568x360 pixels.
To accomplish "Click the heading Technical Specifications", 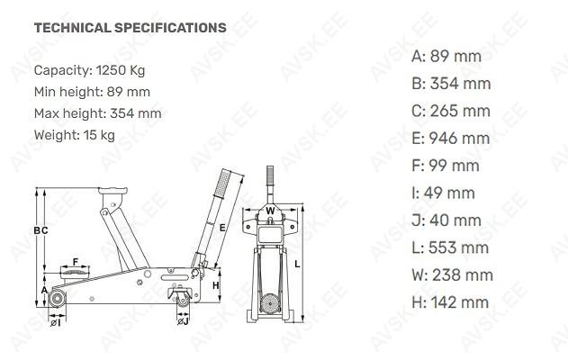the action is pos(130,28).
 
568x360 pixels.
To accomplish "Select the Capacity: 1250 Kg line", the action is pos(89,70).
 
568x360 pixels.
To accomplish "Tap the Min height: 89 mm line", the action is pos(92,92).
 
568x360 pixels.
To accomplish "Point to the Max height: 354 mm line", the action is pos(98,113).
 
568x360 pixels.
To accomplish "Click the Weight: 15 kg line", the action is pos(75,135).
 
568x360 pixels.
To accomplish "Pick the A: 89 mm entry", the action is pos(446,57).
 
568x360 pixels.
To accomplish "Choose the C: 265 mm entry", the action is pos(451,111).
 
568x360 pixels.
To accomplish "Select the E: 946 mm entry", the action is pos(451,139).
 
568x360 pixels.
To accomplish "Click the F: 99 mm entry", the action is pos(446,166).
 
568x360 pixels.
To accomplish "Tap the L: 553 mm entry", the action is pos(450,247).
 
